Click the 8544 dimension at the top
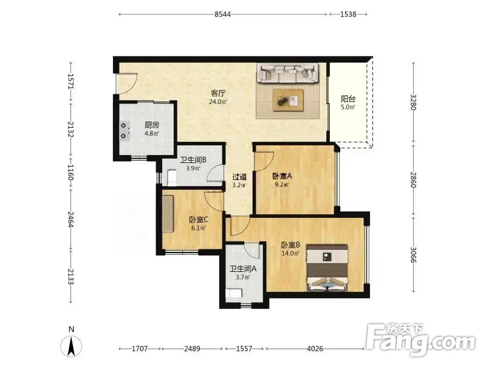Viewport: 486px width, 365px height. coord(222,14)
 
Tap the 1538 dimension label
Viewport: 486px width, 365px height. coord(348,14)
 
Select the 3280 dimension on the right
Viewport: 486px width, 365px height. coord(413,102)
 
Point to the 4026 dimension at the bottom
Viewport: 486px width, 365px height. coord(315,349)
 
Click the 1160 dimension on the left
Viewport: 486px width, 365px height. coord(71,173)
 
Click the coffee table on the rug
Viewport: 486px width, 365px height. coord(288,100)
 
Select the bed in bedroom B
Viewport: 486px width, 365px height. coord(327,268)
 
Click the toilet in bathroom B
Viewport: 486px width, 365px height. coord(171,178)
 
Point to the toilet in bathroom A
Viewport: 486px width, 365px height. coord(233,294)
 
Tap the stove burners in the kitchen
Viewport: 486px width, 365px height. coord(125,131)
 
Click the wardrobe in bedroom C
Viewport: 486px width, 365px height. coord(168,214)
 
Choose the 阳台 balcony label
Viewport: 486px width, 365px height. coord(347,99)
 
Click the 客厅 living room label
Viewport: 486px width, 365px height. coord(218,94)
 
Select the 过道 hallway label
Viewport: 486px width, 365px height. coord(239,177)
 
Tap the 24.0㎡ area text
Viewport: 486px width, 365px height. coord(218,102)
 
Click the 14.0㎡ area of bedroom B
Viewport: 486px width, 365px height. coord(290,253)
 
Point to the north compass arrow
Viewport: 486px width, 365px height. coord(71,346)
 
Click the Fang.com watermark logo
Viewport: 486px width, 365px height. coord(420,340)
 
